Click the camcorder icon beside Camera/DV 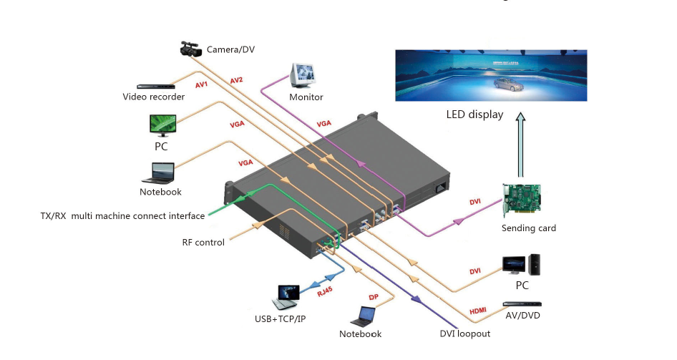coord(190,49)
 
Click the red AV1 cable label coord(201,85)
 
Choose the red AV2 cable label coord(237,80)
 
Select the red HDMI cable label coord(477,311)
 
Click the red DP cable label coord(373,297)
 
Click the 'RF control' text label coord(203,243)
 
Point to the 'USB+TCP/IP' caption coord(281,318)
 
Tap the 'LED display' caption coord(474,115)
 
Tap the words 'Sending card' coord(529,228)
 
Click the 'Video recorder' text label coord(154,97)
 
